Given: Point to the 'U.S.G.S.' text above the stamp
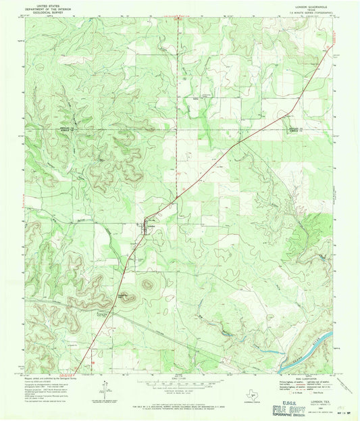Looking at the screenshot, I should coord(282,399).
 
